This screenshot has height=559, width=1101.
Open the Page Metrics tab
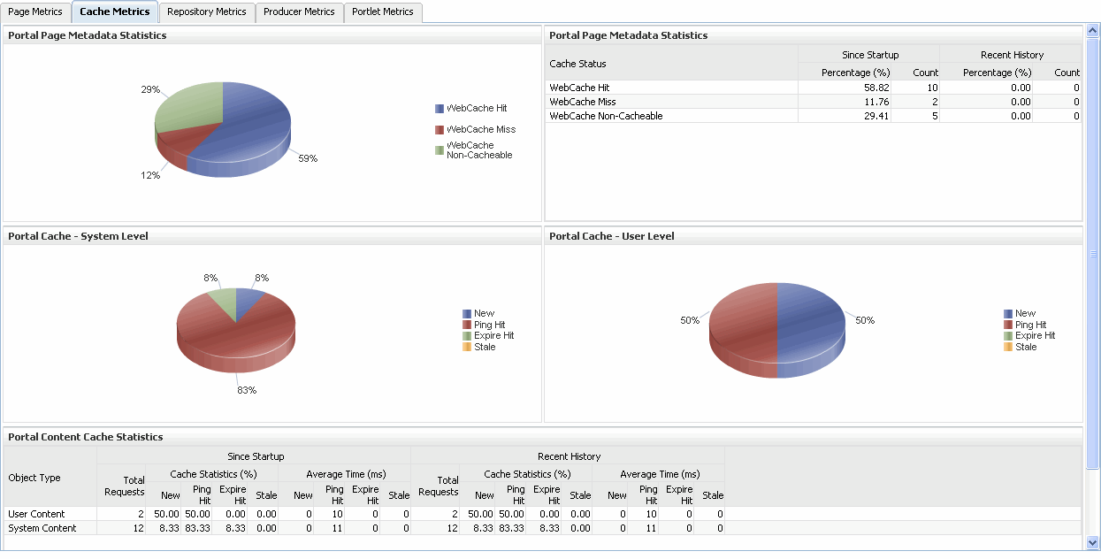pos(35,12)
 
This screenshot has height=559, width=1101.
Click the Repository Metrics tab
pos(206,12)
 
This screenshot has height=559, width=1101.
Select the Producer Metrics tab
pos(299,12)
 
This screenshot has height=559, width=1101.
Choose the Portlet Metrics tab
pos(382,12)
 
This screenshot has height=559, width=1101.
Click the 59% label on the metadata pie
pos(307,159)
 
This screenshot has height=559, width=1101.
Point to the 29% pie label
pos(150,90)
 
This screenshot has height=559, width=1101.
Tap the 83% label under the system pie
pos(247,390)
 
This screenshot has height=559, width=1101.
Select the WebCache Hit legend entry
pos(477,109)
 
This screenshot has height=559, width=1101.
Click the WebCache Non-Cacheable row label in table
pos(606,117)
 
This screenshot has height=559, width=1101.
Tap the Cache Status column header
pos(578,64)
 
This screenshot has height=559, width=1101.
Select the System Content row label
pos(42,528)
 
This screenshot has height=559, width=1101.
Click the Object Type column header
pos(34,478)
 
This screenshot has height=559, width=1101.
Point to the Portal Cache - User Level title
pos(612,236)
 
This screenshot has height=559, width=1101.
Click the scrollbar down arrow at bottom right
pos(1092,542)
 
